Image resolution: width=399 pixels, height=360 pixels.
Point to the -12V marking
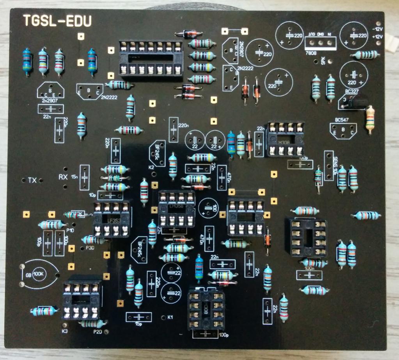pos(378,29)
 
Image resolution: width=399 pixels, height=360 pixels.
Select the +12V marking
pos(378,37)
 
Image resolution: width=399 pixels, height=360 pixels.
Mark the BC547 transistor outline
pos(343,130)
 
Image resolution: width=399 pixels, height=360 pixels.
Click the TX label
pos(32,180)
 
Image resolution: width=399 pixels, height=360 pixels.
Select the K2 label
pos(151,168)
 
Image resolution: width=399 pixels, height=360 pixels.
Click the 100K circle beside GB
pos(39,274)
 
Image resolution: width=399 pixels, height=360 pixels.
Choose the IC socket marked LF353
pos(111,219)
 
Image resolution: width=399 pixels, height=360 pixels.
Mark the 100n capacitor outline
pos(310,274)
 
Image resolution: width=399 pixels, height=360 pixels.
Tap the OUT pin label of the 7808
pos(312,35)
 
